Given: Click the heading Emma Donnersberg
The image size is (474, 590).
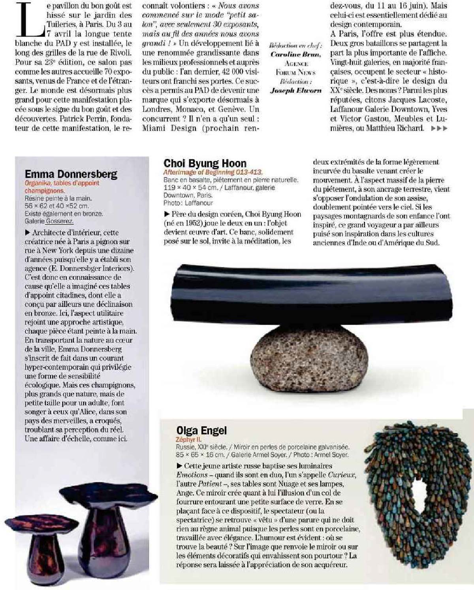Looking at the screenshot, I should [71, 174].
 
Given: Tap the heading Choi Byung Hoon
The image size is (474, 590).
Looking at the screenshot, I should [205, 163].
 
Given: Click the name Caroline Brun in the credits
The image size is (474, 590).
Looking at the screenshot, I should [296, 55].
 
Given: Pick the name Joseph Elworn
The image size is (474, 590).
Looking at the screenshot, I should [296, 90].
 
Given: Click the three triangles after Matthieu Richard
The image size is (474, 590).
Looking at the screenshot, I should [440, 128].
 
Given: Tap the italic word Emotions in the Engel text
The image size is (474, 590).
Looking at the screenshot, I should [192, 475].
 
